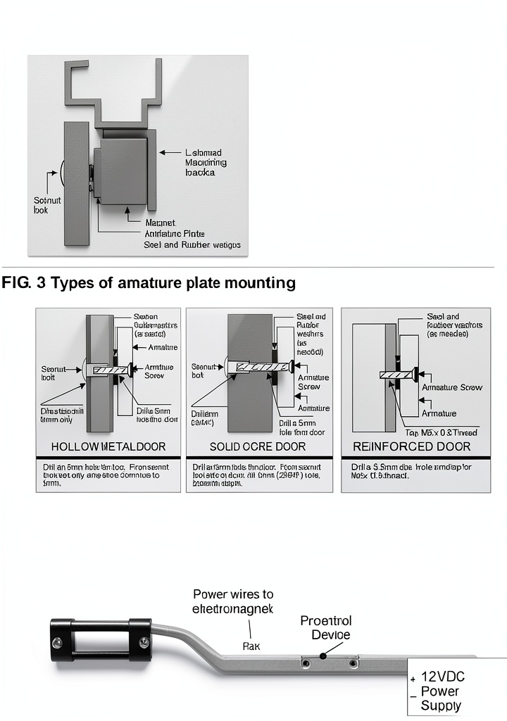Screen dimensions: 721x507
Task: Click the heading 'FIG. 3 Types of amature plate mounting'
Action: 149,283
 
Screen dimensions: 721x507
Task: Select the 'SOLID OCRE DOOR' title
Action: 258,447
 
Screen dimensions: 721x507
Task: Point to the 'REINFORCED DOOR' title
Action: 412,447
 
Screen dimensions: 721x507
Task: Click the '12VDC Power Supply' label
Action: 442,691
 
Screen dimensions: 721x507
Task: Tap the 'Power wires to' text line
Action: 233,594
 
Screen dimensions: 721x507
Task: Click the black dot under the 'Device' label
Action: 323,657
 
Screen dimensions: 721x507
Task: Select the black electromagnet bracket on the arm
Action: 100,641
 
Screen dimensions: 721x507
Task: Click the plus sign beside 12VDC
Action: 413,679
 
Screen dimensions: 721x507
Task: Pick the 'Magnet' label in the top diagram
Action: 159,222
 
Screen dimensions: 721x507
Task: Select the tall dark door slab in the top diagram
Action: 76,183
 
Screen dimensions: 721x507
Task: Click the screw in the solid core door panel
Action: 261,366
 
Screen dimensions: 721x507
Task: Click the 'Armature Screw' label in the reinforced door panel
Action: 451,387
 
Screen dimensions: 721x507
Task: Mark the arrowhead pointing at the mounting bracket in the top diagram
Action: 161,151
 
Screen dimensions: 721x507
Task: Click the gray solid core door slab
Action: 250,408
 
